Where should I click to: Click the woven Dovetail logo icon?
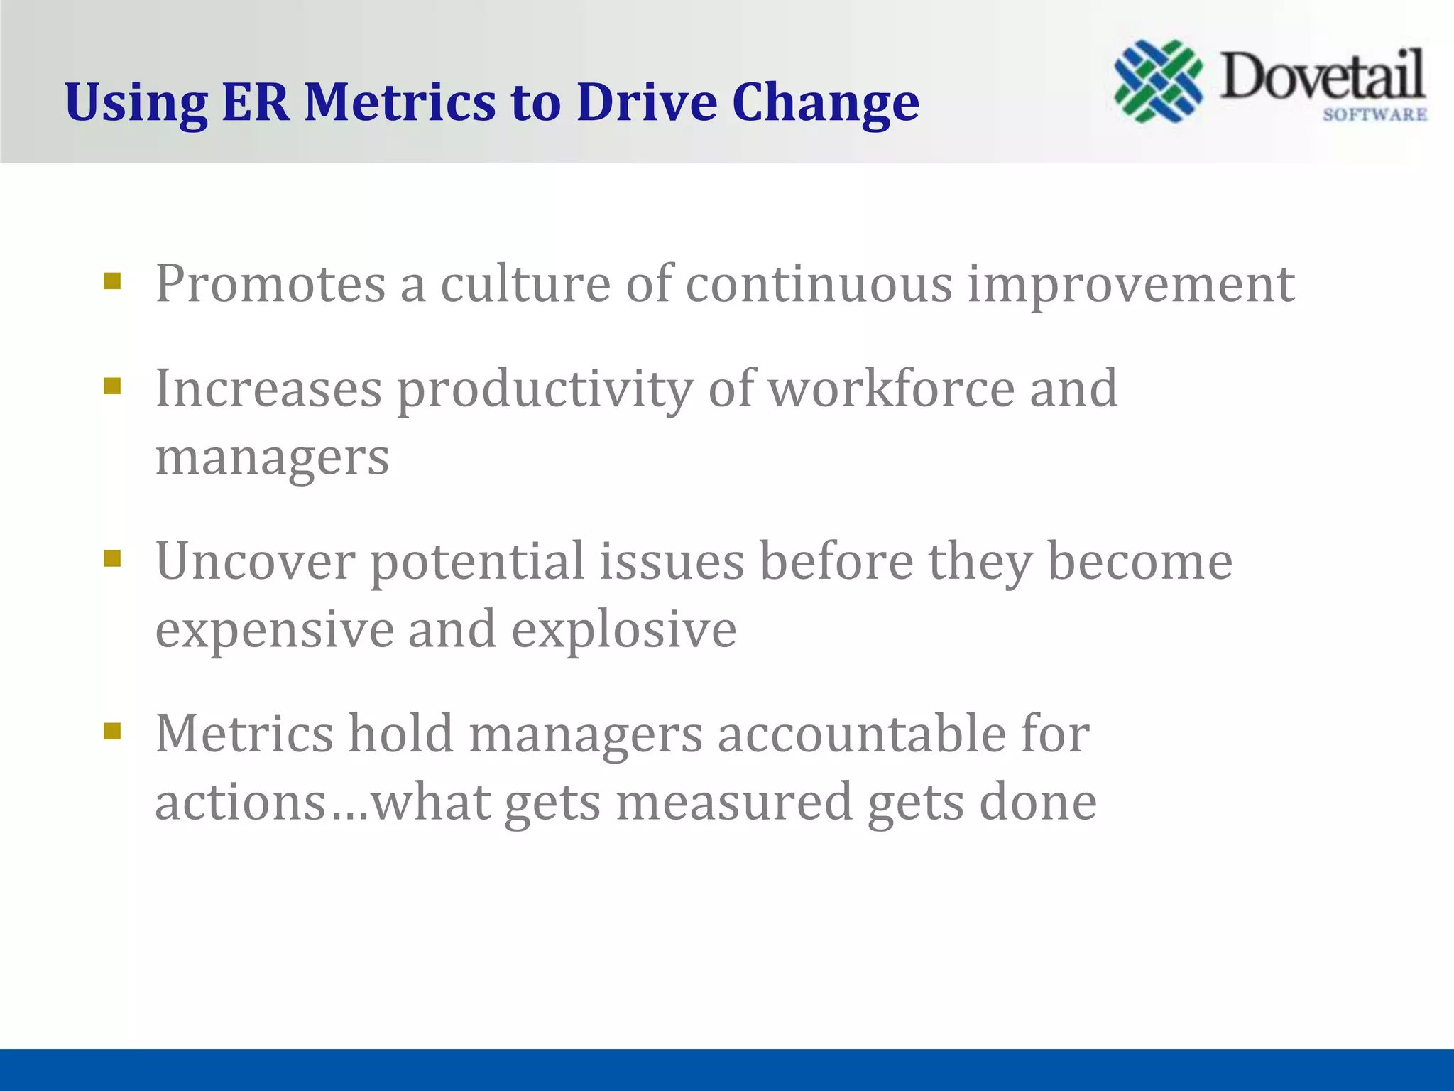(x=1158, y=81)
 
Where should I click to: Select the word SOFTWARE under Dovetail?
(x=1374, y=115)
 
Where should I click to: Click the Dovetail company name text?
(x=1322, y=77)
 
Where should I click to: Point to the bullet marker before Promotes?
(x=112, y=281)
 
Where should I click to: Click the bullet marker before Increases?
(x=112, y=386)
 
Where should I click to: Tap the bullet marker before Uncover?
(x=112, y=558)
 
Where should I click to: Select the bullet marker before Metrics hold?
(x=112, y=731)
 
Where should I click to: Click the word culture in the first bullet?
(x=525, y=284)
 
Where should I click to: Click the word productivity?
(x=544, y=391)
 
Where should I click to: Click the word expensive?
(x=275, y=631)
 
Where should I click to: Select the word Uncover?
(x=255, y=562)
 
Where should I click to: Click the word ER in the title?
(x=256, y=102)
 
